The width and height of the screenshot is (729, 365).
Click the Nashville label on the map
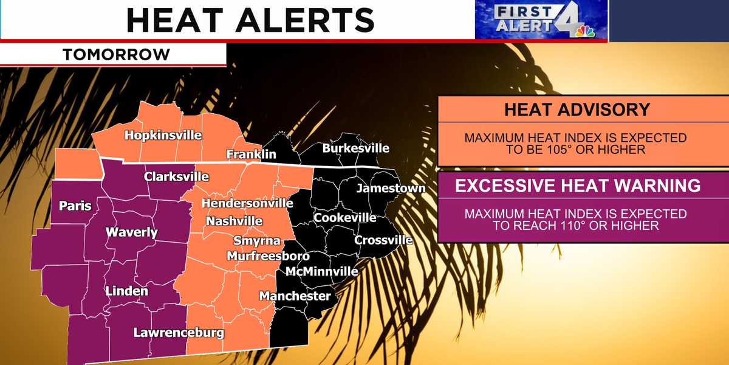point(234,221)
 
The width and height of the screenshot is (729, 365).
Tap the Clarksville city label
point(176,177)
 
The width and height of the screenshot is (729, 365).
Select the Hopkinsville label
point(163,135)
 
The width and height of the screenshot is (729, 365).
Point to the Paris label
point(75,206)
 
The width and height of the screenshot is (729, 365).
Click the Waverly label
point(132,232)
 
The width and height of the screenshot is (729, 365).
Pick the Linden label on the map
point(126,291)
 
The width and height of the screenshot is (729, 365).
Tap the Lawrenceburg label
point(179,333)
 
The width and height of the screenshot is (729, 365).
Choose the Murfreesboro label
point(268,256)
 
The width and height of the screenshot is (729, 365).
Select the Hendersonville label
point(247,203)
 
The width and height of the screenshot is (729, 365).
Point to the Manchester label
point(295,296)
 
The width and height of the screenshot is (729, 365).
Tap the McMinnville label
point(322,271)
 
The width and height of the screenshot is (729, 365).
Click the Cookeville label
point(345,218)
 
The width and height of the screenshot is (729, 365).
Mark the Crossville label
point(383,240)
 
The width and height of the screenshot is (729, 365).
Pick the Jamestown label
point(391,189)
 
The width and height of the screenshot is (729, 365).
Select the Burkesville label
point(355,148)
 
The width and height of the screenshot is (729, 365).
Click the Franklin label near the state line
point(251,155)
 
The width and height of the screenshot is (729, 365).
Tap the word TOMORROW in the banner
point(117,55)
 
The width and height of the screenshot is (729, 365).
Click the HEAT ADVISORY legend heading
point(577,110)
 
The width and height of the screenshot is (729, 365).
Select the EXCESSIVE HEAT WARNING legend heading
point(578,186)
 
